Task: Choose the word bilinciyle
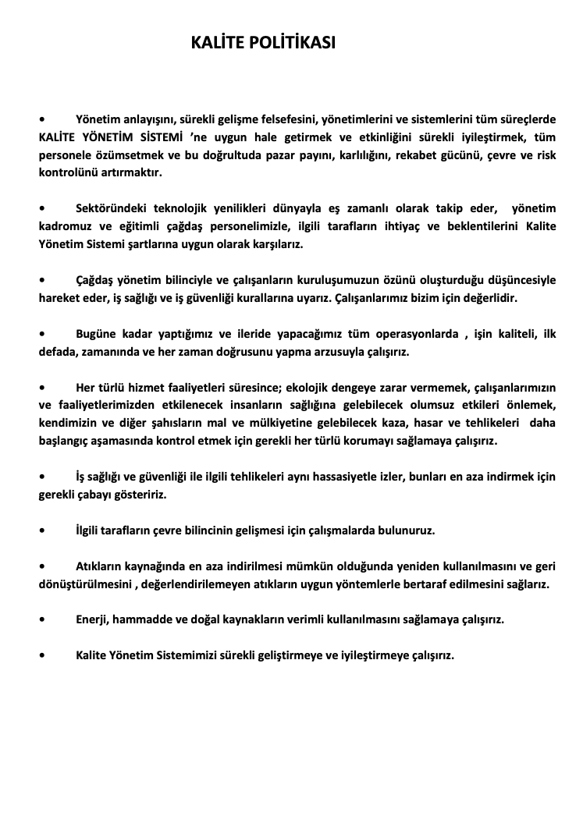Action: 202,280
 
